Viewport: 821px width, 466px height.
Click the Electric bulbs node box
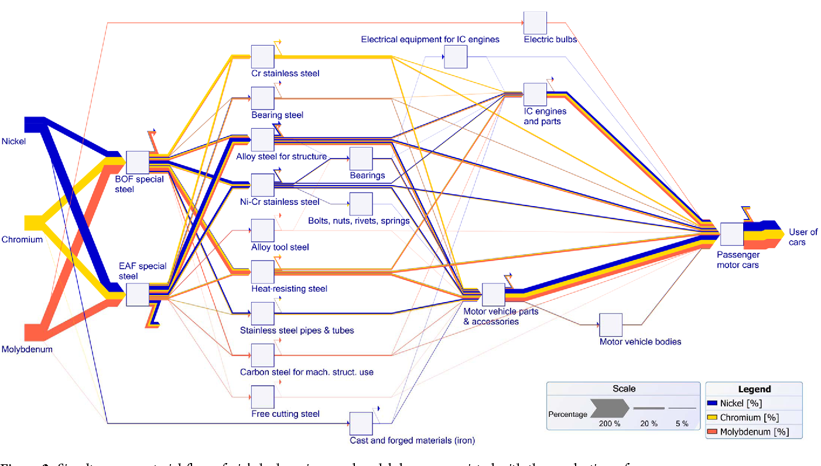click(x=535, y=23)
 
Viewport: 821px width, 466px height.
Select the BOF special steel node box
click(x=138, y=162)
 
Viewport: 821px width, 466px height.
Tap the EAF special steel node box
click(x=138, y=294)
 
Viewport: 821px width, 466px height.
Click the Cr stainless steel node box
click(x=262, y=56)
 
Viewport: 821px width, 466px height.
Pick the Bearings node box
click(x=361, y=159)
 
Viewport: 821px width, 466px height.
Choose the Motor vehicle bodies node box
click(x=611, y=325)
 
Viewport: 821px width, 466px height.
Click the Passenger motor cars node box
click(x=732, y=234)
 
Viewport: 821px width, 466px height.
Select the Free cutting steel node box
click(x=262, y=396)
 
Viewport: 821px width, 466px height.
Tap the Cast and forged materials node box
click(x=361, y=423)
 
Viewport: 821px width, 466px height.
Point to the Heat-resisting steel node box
click(x=262, y=272)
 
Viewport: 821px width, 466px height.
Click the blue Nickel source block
click(x=35, y=124)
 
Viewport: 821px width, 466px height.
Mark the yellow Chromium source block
click(x=35, y=223)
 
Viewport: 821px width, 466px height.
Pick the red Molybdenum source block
click(x=35, y=331)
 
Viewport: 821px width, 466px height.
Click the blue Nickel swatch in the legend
click(x=713, y=403)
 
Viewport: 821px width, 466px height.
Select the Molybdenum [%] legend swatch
click(x=713, y=431)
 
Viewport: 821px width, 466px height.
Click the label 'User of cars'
click(x=803, y=237)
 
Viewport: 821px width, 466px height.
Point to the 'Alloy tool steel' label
click(x=280, y=247)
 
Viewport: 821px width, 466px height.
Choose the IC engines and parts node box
click(x=535, y=94)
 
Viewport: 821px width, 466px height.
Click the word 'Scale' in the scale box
click(x=624, y=389)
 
